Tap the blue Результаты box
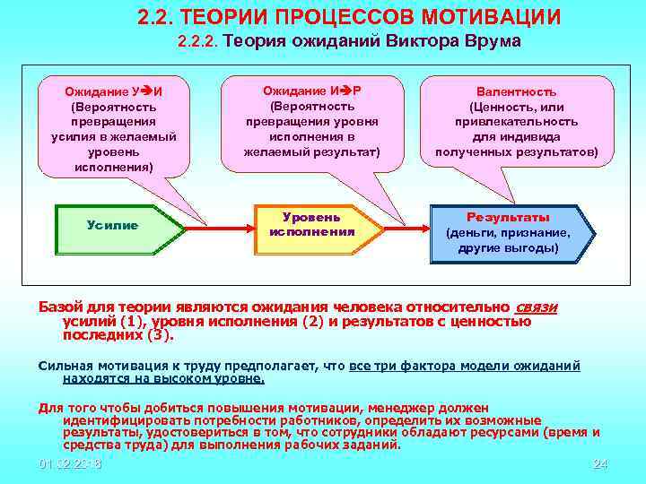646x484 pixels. [508, 232]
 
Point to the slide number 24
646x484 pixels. [601, 463]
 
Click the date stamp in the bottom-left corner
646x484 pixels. [71, 463]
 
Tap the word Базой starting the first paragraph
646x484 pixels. [60, 307]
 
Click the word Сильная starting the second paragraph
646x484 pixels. [65, 366]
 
